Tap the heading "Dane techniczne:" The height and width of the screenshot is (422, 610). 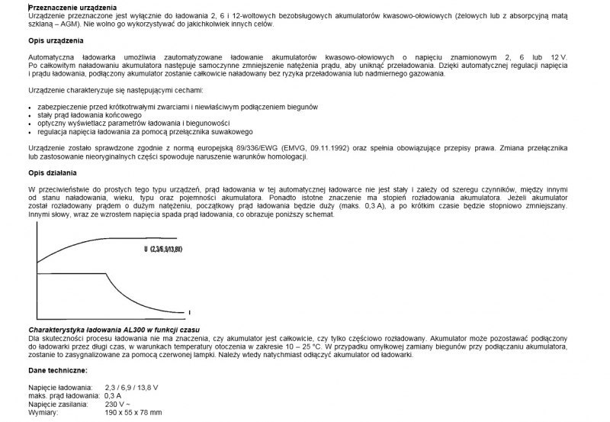57,369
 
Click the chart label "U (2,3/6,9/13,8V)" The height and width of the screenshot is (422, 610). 172,250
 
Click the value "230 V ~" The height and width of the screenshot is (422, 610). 118,404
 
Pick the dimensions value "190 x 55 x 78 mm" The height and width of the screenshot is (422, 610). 133,411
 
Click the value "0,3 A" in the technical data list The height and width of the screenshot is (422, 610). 114,395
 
